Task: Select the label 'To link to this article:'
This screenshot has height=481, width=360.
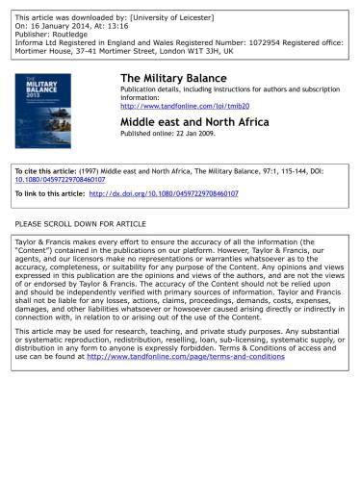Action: click(51, 193)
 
